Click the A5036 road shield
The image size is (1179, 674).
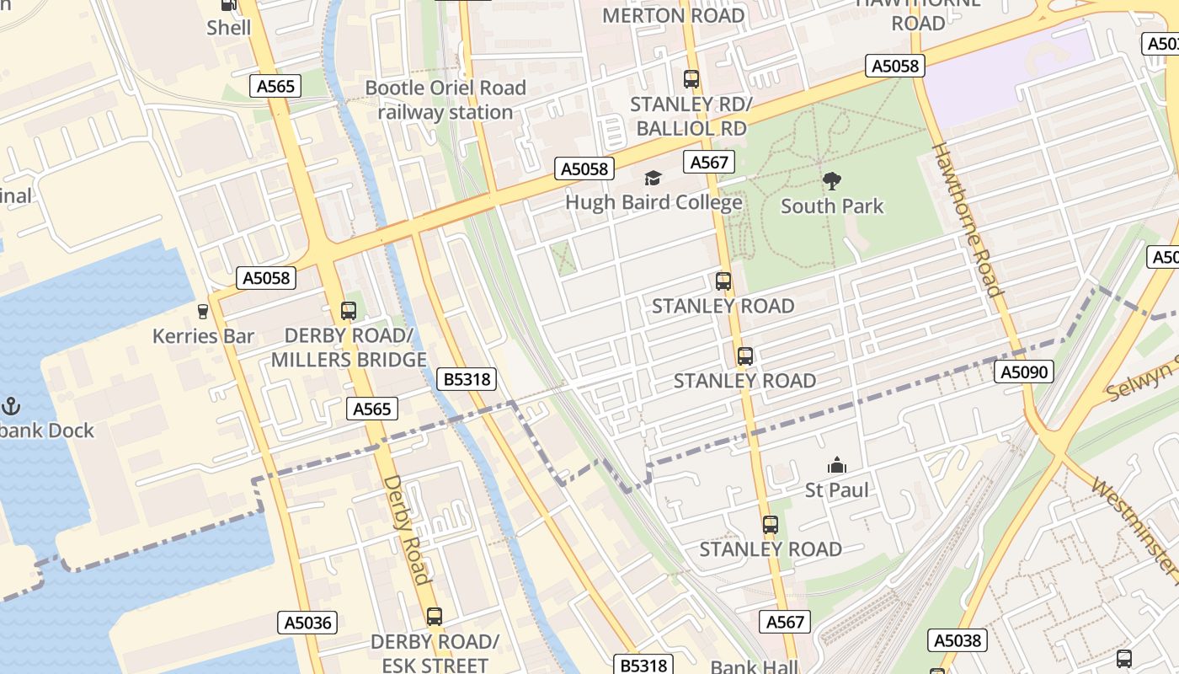(308, 623)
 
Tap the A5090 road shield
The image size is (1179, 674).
(1024, 372)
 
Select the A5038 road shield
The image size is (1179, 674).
(958, 640)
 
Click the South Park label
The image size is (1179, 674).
(832, 206)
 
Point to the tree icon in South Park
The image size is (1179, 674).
(832, 181)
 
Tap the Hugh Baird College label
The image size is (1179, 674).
(654, 202)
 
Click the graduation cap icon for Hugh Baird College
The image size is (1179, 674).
(653, 178)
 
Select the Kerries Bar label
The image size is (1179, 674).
(203, 337)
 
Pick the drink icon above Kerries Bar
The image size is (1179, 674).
(202, 312)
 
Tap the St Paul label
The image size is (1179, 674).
(837, 490)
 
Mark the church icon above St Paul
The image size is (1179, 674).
(837, 465)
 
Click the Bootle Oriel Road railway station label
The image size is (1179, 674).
(445, 100)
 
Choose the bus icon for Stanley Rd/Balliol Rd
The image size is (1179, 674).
(691, 79)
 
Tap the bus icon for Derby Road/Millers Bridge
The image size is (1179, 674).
(349, 310)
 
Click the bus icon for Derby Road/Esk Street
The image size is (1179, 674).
(435, 616)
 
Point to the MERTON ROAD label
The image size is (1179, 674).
(674, 16)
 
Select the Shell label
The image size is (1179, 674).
(229, 28)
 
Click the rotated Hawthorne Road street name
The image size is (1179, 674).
(967, 220)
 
